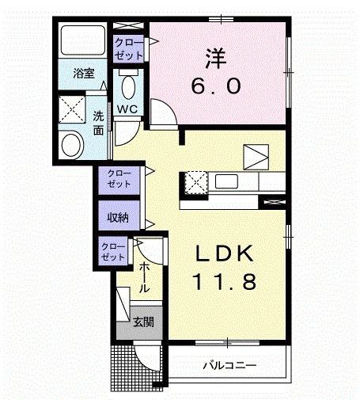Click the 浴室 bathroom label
tap(84, 74)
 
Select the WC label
tap(128, 109)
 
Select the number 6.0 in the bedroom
tap(214, 85)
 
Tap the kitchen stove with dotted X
tap(195, 182)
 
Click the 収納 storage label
tap(116, 216)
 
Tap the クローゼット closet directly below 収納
tap(112, 253)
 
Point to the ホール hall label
tap(145, 277)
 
